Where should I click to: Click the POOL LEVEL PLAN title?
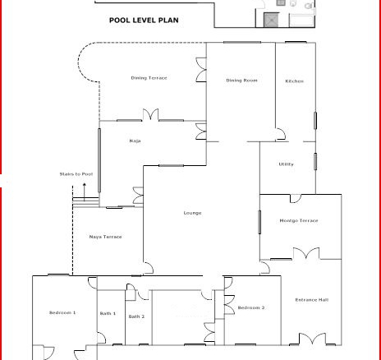[x=144, y=20]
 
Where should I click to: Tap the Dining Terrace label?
[x=149, y=78]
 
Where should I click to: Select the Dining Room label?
[x=241, y=81]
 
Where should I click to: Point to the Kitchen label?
[x=295, y=81]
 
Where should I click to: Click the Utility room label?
[x=287, y=164]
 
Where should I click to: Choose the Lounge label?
[x=192, y=213]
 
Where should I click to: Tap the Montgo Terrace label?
[x=299, y=220]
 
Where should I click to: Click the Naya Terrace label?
[x=106, y=237]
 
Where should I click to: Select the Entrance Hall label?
[x=312, y=300]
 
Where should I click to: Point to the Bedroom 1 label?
[x=62, y=312]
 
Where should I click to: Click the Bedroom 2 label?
[x=251, y=307]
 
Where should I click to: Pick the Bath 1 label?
[x=108, y=313]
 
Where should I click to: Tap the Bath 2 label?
[x=136, y=316]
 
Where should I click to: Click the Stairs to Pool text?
[x=76, y=174]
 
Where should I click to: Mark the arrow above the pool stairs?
[x=85, y=192]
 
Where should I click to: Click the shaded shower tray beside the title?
[x=271, y=20]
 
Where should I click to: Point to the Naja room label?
[x=135, y=141]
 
